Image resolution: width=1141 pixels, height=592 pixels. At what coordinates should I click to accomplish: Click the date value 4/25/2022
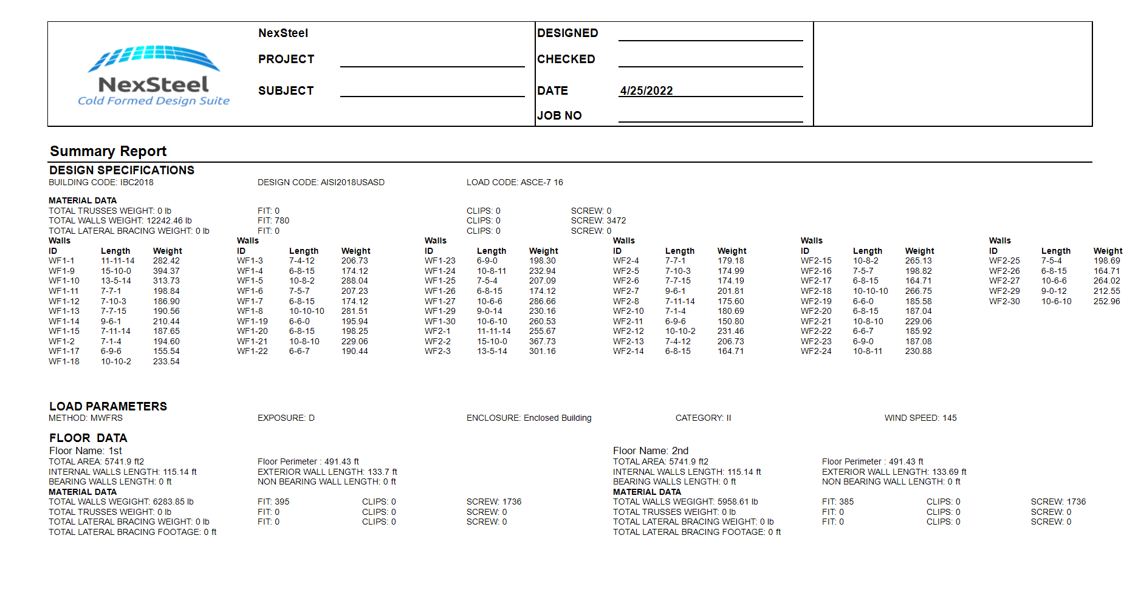(646, 91)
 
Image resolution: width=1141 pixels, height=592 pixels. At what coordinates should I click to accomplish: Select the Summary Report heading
(108, 151)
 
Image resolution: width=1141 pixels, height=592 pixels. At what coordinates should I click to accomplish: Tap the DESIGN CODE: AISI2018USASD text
(321, 182)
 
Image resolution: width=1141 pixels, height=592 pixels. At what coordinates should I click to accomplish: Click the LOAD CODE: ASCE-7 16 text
(515, 182)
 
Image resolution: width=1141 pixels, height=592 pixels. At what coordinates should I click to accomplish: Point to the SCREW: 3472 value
(598, 221)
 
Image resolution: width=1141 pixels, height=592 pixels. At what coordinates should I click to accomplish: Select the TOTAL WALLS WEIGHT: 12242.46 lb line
(120, 221)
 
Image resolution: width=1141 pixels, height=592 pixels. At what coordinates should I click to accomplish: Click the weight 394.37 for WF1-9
(166, 271)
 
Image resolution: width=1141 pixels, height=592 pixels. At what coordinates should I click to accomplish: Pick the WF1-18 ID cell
(64, 362)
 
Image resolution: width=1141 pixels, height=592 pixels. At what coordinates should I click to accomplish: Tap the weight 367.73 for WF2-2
(542, 342)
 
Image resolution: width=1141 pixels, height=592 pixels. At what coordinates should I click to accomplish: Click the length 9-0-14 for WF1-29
(489, 311)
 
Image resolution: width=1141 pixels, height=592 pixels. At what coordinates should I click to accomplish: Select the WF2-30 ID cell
(1004, 302)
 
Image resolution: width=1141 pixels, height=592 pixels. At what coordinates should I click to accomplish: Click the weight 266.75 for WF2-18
(918, 291)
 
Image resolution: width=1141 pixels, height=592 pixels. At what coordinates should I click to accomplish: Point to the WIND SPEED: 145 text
(920, 418)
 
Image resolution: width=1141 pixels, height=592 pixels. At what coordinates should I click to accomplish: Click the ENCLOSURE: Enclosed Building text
(529, 418)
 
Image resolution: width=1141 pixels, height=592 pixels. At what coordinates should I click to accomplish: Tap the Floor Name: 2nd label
(650, 451)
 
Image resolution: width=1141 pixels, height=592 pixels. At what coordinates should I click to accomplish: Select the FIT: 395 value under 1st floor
(273, 502)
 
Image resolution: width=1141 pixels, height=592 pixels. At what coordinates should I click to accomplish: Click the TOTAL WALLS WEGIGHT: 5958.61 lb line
(685, 502)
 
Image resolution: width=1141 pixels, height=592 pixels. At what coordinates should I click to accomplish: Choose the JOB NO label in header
(559, 116)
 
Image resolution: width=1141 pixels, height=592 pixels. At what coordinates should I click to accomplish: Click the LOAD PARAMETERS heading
(108, 407)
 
